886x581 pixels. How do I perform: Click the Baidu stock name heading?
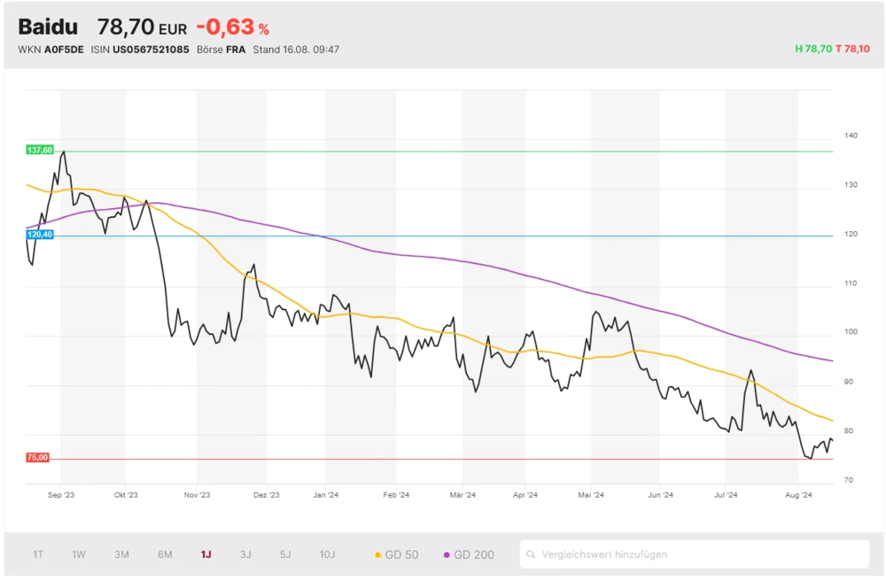pos(47,27)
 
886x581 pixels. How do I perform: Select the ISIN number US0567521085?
pos(151,50)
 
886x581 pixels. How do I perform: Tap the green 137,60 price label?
pos(40,151)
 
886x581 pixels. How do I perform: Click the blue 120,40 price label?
pos(40,235)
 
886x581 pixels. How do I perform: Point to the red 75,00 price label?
pos(38,458)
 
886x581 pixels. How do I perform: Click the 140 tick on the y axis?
pos(851,136)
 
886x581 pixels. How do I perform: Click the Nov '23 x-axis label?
pos(197,496)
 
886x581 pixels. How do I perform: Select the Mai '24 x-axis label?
pos(591,496)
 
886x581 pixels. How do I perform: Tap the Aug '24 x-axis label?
pos(799,496)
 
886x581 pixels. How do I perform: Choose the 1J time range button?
pos(206,554)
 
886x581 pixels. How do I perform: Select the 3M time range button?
pos(121,554)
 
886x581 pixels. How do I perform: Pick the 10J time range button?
pos(327,554)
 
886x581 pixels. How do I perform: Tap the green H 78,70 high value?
pos(814,50)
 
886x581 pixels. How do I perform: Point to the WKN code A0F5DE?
pos(64,50)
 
